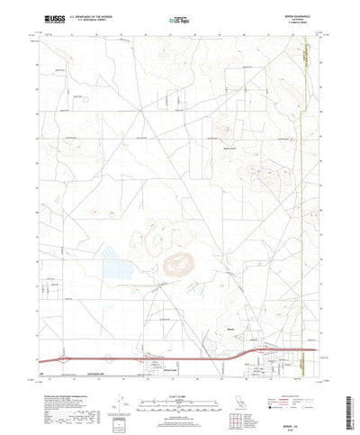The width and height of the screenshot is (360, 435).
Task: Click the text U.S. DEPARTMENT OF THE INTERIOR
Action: [x=91, y=14]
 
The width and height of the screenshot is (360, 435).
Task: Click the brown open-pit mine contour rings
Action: [x=178, y=262]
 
